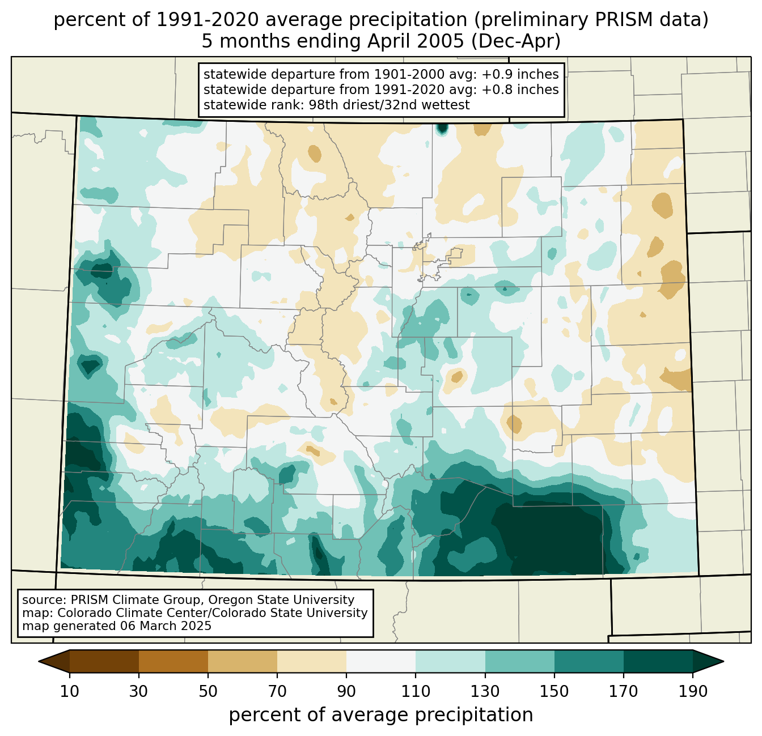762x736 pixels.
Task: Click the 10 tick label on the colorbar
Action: coord(69,691)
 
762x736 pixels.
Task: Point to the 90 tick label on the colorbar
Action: coord(346,691)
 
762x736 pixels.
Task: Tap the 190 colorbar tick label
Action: coord(693,691)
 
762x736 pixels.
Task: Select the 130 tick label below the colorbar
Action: coord(485,691)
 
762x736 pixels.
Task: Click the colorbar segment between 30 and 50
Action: coord(173,661)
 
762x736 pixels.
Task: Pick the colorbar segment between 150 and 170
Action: coord(589,661)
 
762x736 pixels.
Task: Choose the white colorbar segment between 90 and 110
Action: coord(381,661)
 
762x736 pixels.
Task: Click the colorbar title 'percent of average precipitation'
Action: coord(381,715)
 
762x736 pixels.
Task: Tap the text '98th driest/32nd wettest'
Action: coord(390,105)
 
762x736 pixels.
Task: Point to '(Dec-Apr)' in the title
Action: coord(516,41)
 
